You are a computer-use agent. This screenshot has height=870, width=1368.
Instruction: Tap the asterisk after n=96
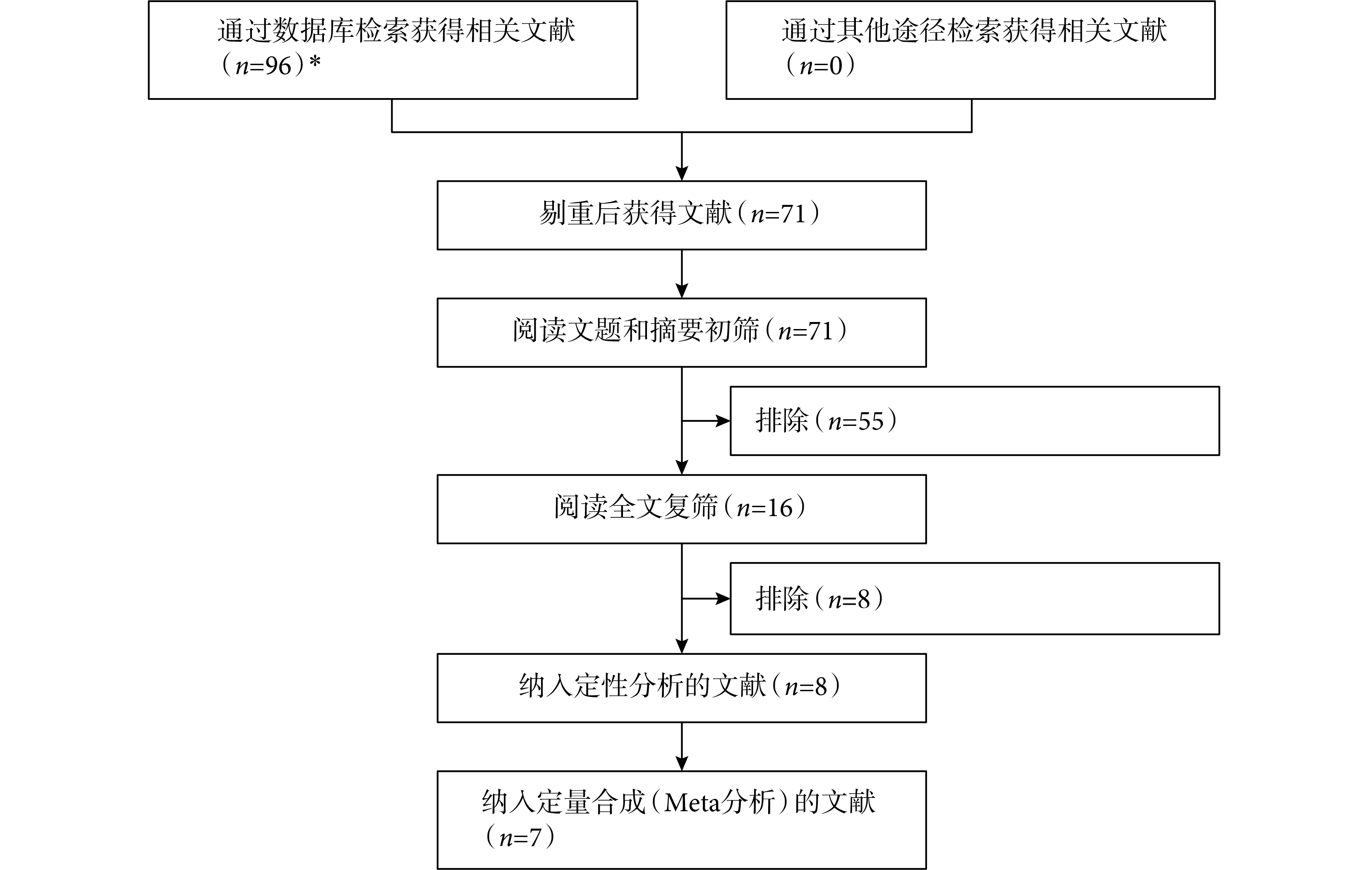(315, 61)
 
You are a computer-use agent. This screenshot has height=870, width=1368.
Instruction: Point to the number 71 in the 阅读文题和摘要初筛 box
(820, 331)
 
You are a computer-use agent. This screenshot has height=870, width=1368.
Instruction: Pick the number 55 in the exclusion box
(871, 421)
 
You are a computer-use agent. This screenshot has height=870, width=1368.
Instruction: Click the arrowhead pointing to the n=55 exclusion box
(723, 421)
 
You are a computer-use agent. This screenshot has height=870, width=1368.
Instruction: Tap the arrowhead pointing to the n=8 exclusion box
(723, 598)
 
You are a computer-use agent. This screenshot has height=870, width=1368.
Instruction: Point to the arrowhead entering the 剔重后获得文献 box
(682, 174)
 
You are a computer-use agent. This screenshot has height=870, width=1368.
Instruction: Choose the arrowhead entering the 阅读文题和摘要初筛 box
(682, 291)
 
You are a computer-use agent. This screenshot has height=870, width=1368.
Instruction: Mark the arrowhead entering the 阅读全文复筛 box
(682, 468)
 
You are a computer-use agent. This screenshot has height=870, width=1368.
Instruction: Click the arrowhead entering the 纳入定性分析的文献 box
(682, 646)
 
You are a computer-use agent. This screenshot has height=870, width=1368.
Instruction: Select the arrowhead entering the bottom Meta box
(682, 764)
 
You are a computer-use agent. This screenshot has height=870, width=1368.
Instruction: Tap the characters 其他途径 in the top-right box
(893, 30)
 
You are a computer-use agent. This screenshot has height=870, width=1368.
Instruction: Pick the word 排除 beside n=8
(782, 598)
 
